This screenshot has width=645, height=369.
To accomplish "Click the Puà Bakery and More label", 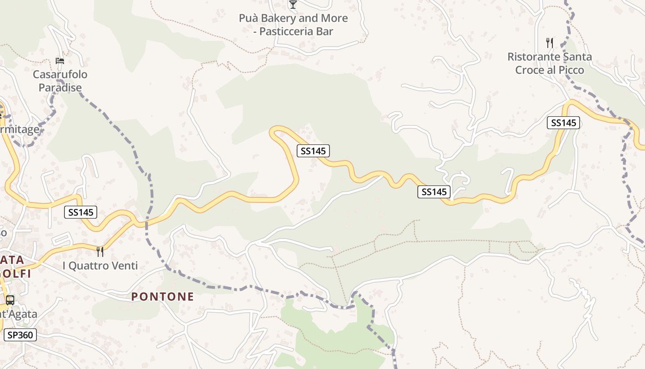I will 293,25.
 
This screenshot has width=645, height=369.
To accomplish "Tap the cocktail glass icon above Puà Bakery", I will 293,5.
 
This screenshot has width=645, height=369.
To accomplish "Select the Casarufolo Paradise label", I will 60,81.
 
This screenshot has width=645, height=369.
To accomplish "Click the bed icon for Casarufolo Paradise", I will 59,60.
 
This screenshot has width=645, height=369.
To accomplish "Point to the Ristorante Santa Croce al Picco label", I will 550,63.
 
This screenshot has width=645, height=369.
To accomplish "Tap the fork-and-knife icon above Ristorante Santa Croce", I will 549,43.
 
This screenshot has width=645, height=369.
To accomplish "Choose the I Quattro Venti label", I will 100,266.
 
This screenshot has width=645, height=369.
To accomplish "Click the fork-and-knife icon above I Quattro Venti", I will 100,251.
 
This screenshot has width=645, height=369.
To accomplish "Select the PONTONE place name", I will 163,297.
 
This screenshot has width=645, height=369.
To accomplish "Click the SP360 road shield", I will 20,335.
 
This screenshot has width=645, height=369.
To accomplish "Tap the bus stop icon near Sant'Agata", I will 10,300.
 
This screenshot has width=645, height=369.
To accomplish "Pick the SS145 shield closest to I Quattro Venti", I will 81,212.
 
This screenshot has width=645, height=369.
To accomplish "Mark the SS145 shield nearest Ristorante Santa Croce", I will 563,123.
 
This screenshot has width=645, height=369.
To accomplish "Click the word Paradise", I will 60,88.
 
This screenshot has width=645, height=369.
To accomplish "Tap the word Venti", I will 124,266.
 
